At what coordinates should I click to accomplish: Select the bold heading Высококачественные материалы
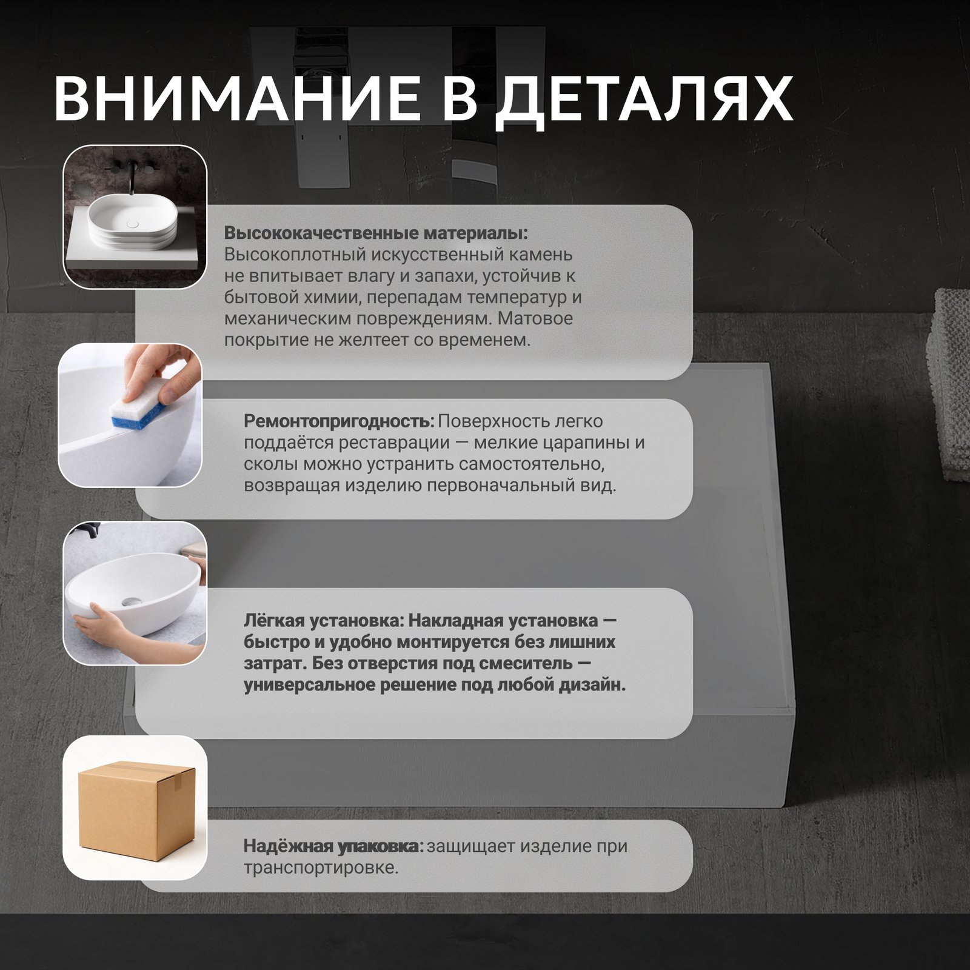(x=376, y=233)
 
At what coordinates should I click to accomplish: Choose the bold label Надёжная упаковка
(x=333, y=846)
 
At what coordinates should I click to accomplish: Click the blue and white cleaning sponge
(x=138, y=412)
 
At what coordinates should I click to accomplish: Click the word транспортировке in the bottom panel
(x=321, y=868)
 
